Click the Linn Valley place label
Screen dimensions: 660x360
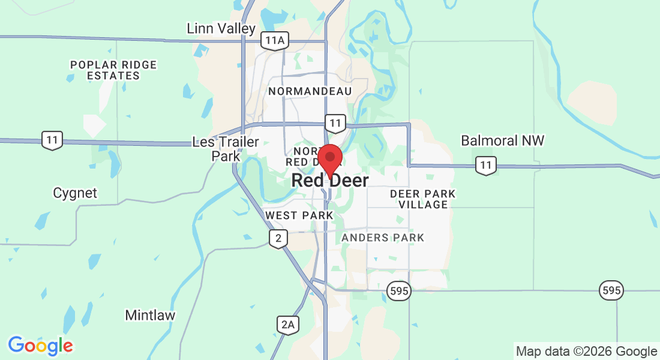pyautogui.click(x=221, y=28)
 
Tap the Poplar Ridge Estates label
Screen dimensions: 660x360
pyautogui.click(x=113, y=70)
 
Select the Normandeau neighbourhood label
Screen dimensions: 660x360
pyautogui.click(x=310, y=91)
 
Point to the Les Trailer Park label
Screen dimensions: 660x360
pyautogui.click(x=226, y=149)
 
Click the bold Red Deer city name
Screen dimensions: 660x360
pyautogui.click(x=330, y=180)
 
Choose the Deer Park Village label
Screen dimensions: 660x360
pyautogui.click(x=422, y=199)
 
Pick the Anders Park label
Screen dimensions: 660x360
pyautogui.click(x=383, y=238)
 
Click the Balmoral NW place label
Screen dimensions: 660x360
pyautogui.click(x=502, y=140)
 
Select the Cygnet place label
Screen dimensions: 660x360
pyautogui.click(x=75, y=193)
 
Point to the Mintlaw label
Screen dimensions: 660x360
pyautogui.click(x=150, y=315)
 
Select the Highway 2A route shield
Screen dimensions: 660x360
pyautogui.click(x=288, y=325)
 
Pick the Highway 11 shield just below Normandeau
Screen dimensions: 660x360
pyautogui.click(x=335, y=124)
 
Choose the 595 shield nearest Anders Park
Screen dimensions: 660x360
pyautogui.click(x=398, y=291)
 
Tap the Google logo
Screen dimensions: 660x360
pyautogui.click(x=40, y=346)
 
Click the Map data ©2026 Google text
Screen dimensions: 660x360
pyautogui.click(x=586, y=351)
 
